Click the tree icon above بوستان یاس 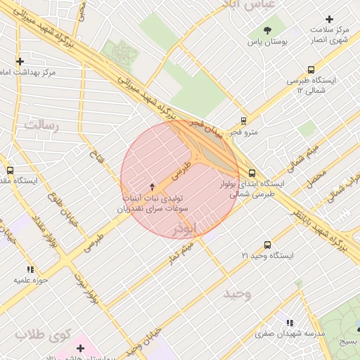pos(267,30)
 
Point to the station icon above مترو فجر pos(244,120)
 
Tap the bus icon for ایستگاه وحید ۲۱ pos(267,244)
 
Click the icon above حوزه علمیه pos(30,269)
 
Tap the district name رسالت pos(43,124)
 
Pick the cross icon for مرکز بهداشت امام pos(20,62)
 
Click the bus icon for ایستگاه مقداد pos(10,169)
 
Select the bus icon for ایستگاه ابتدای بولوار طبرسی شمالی pos(252,173)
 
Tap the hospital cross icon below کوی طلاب pos(79,347)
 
